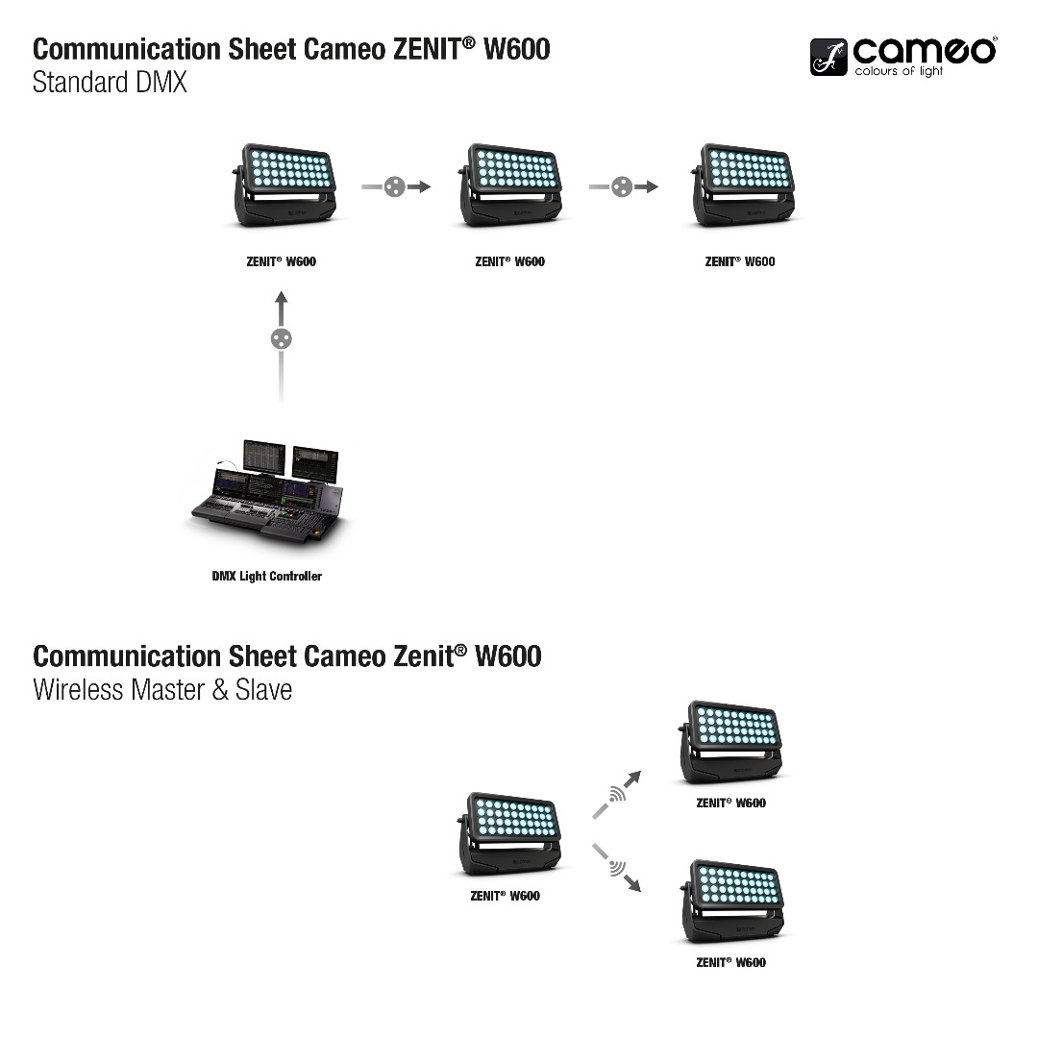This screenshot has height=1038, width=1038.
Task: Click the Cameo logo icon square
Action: tap(828, 58)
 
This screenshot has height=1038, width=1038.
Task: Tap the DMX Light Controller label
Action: tap(266, 577)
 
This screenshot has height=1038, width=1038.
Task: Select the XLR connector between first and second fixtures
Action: tap(394, 186)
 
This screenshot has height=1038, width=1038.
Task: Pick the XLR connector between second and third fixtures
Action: tap(623, 186)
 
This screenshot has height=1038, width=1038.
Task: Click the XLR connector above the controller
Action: tap(281, 338)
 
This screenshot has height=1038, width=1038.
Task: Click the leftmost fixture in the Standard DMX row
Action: tap(284, 185)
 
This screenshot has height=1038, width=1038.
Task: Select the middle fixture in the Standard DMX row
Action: tap(511, 185)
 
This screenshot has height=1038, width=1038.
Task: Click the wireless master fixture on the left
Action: tap(510, 833)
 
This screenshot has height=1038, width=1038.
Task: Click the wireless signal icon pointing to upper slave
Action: tap(617, 794)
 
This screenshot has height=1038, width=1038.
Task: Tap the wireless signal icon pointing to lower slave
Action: tap(617, 869)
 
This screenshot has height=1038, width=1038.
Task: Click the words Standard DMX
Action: tap(110, 83)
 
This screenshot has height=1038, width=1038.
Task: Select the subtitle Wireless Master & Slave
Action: tap(162, 689)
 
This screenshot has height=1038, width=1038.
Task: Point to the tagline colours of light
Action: tap(900, 71)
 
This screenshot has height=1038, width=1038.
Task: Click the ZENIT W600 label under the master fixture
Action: tap(505, 896)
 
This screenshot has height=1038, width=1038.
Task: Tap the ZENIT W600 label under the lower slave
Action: tap(731, 962)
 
